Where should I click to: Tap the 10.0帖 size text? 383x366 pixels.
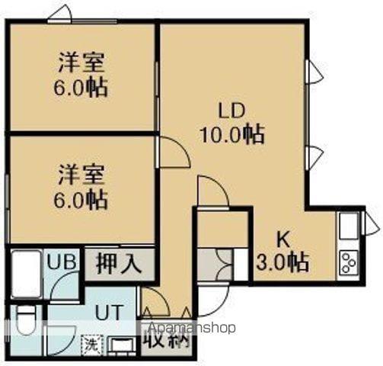[232, 135]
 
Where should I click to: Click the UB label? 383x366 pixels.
[62, 262]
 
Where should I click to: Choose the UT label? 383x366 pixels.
[107, 312]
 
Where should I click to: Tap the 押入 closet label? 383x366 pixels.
[119, 264]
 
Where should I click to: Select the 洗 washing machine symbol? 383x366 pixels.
[91, 344]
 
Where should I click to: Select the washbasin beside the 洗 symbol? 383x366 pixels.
[120, 345]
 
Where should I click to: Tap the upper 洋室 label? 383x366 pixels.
[80, 60]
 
